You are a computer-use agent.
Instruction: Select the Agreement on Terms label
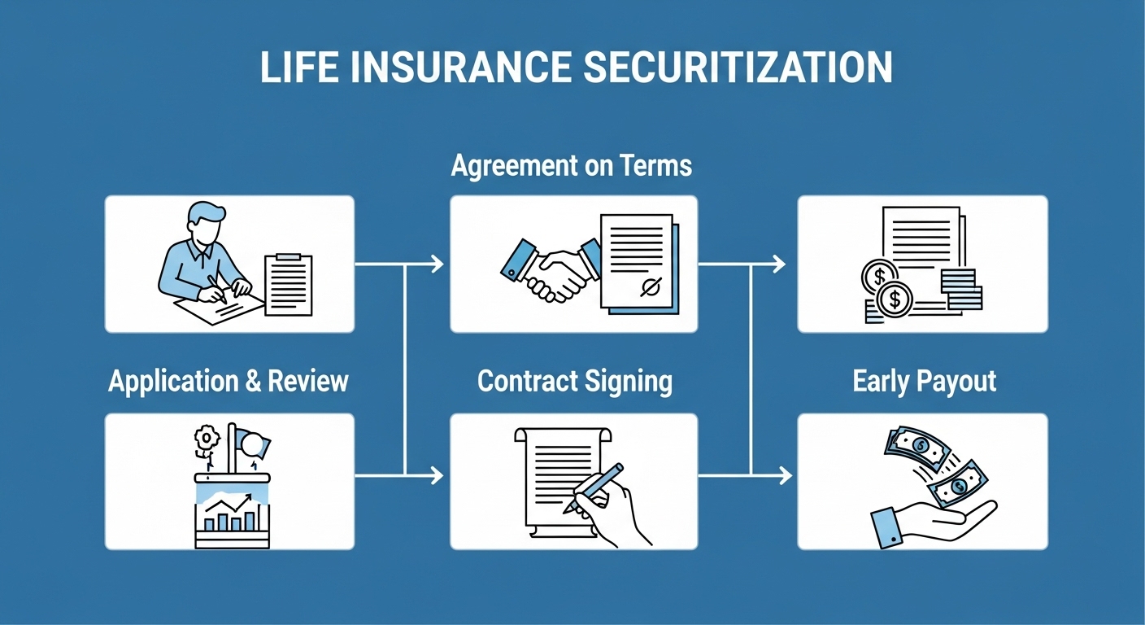(x=572, y=167)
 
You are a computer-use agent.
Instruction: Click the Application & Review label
(x=229, y=381)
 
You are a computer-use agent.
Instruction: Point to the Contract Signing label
(x=575, y=382)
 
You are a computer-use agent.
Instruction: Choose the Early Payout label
(x=925, y=382)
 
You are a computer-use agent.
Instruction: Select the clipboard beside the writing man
(x=288, y=284)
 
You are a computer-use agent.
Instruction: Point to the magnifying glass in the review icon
(x=256, y=444)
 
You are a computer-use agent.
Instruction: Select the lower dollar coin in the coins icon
(x=895, y=299)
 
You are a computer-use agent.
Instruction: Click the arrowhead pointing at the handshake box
(x=437, y=264)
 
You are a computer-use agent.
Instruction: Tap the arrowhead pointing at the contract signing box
(x=437, y=474)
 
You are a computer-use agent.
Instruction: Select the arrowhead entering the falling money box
(x=785, y=474)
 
